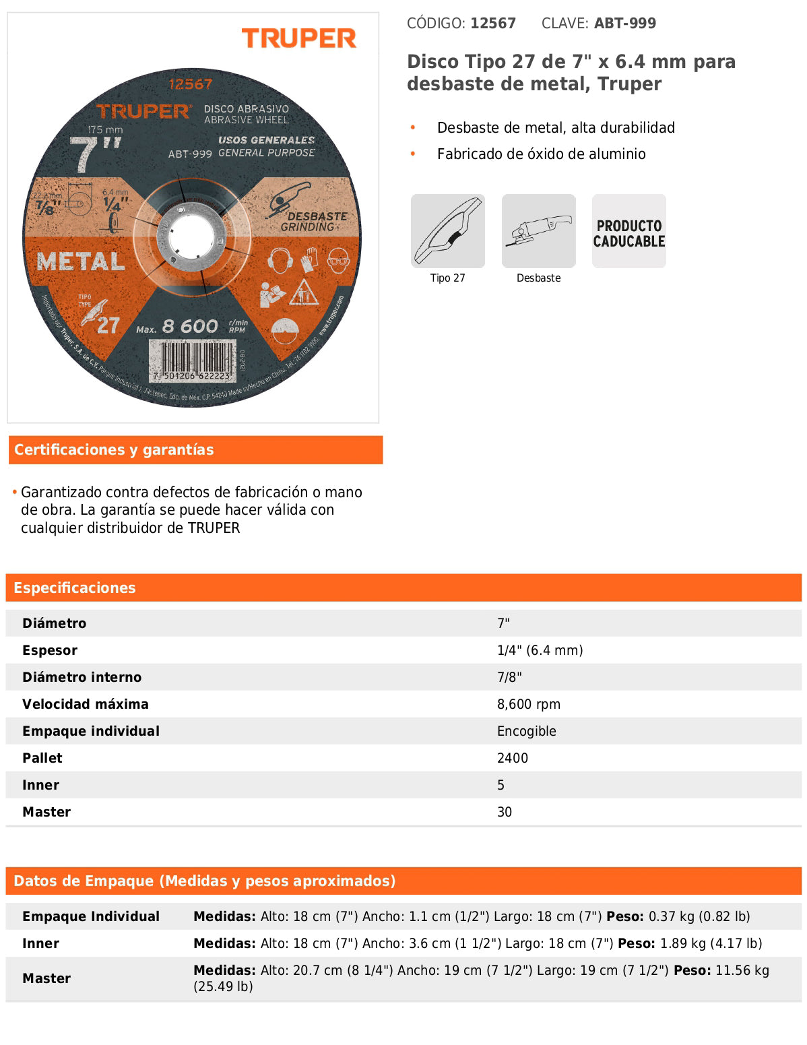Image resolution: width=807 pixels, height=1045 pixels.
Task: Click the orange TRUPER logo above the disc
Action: [x=298, y=38]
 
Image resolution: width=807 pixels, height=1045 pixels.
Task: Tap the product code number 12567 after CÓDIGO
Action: [x=493, y=24]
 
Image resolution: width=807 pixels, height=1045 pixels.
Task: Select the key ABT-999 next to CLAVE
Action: [x=624, y=24]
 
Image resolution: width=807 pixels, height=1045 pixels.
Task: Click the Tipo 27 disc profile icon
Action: [x=448, y=231]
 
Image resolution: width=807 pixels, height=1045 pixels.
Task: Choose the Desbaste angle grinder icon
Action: [x=538, y=231]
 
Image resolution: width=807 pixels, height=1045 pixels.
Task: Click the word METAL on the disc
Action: [x=81, y=261]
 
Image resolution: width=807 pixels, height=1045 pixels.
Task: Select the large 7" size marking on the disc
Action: [x=94, y=154]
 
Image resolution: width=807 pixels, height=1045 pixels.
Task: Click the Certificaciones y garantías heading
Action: [x=114, y=449]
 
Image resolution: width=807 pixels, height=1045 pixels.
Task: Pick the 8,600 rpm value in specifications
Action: [x=528, y=704]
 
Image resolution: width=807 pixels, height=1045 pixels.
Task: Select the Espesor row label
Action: [x=50, y=650]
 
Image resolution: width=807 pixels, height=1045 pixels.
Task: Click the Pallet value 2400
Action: [x=512, y=758]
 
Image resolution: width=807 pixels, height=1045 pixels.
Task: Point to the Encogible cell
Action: [x=526, y=731]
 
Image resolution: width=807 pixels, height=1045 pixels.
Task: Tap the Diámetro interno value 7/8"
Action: [x=509, y=677]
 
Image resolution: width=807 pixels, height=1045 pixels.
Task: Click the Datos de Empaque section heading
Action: [x=204, y=881]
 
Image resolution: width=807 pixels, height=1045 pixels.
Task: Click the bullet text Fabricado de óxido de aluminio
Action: [x=541, y=154]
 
